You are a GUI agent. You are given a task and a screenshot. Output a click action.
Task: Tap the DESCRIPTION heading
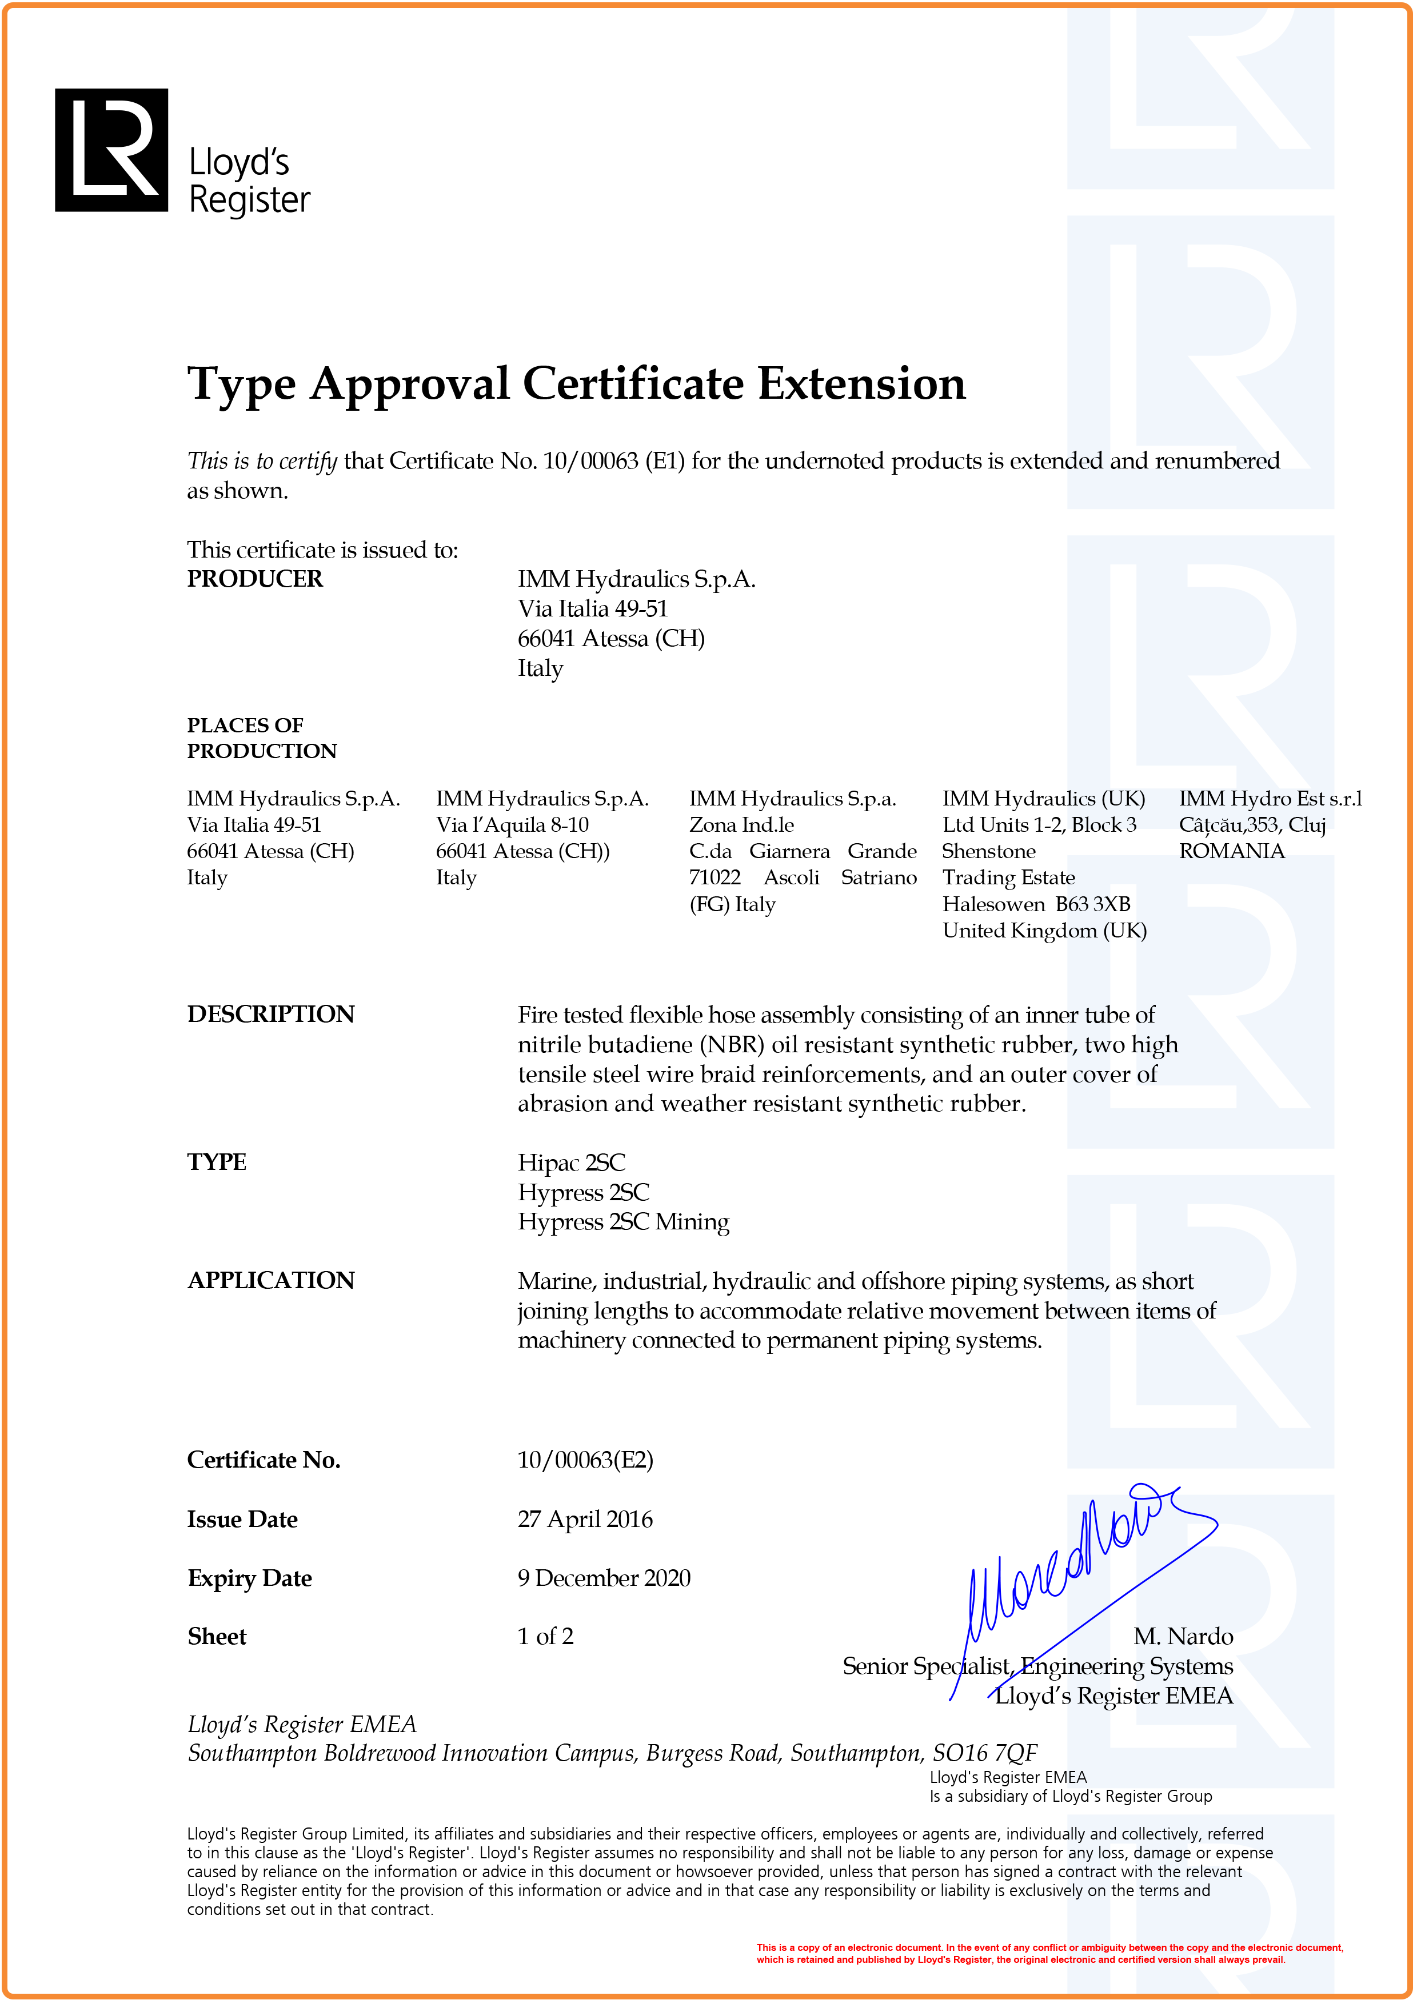270,1014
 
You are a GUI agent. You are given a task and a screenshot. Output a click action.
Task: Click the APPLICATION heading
270,1280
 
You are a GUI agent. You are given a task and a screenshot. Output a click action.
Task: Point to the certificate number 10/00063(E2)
585,1460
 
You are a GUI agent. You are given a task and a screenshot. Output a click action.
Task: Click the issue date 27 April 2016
585,1520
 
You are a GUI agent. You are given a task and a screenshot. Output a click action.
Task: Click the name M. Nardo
1183,1637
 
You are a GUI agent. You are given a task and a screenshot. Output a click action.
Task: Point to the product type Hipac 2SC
571,1163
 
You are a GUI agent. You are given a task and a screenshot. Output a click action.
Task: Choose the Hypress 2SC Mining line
624,1222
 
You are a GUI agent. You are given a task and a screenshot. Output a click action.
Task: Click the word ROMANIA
1231,851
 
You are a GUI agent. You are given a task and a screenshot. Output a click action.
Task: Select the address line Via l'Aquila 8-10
513,825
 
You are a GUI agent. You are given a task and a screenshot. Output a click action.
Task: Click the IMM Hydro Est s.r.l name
1270,799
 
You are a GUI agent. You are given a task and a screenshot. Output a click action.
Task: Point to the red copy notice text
1048,1953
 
